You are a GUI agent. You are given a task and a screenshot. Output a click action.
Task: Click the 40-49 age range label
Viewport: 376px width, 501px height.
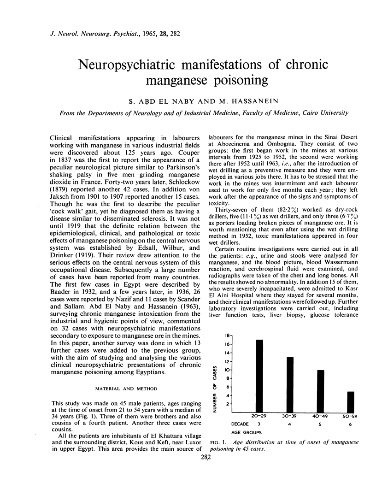[x=321, y=416]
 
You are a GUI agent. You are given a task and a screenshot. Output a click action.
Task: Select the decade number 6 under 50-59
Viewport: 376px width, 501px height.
[x=352, y=423]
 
